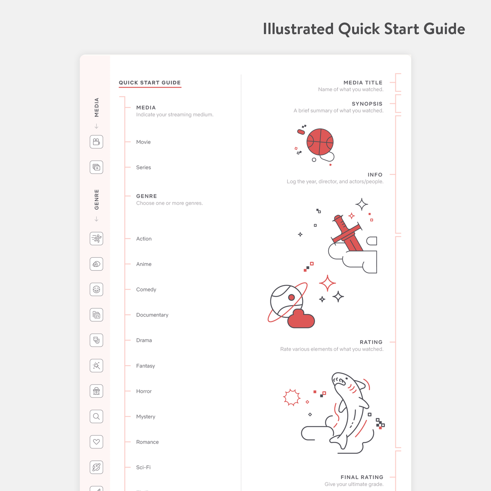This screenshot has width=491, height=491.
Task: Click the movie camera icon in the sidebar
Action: point(96,142)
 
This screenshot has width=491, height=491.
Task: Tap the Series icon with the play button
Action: point(96,167)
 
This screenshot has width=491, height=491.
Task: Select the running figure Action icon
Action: point(96,238)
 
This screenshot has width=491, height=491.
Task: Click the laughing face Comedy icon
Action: point(96,289)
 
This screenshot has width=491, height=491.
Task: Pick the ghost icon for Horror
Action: point(96,391)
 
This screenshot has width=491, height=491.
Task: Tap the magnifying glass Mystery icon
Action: point(96,417)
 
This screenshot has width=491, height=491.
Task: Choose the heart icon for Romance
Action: point(96,442)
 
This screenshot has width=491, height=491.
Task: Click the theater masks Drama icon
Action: point(96,340)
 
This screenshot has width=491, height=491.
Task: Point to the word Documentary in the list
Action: point(152,315)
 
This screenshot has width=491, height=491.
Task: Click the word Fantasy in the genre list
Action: point(146,366)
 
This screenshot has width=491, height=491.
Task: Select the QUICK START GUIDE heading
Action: point(149,82)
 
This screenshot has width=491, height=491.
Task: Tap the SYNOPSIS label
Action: point(367,104)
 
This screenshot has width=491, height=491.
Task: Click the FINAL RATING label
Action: point(362,477)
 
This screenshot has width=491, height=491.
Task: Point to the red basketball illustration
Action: point(320,142)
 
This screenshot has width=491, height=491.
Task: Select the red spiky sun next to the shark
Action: point(292,397)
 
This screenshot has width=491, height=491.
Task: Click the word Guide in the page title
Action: point(444,29)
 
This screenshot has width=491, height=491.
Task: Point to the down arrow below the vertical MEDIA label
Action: point(96,126)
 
